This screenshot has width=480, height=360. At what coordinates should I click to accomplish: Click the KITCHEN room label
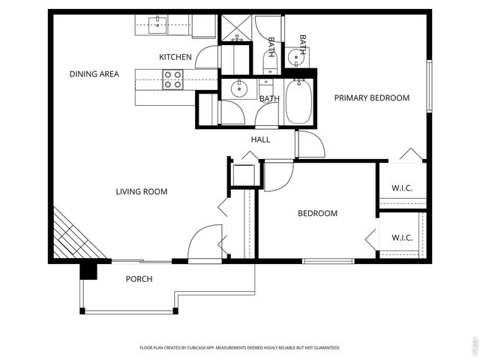(x=175, y=57)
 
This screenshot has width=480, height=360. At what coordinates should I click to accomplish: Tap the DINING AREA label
(x=94, y=74)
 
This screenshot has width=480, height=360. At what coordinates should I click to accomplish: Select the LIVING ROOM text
(x=141, y=192)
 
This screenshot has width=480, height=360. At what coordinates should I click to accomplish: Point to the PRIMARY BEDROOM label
(x=371, y=98)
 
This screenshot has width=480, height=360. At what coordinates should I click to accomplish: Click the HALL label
(x=260, y=140)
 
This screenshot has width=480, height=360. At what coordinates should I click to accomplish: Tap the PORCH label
(x=139, y=279)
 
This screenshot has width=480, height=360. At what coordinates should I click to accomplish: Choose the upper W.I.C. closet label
(x=402, y=188)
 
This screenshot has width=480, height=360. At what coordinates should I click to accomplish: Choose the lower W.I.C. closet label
(x=402, y=238)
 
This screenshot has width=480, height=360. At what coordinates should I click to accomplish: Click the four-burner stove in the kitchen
(x=173, y=79)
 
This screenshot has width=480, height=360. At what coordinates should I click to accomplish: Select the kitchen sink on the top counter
(x=158, y=25)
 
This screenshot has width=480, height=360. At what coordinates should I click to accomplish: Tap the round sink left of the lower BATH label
(x=238, y=89)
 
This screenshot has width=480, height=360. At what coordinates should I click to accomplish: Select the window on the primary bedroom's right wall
(x=430, y=85)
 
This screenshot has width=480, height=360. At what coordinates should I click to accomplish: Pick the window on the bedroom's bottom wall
(x=328, y=261)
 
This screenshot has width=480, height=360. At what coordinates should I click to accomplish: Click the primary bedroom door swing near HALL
(x=308, y=145)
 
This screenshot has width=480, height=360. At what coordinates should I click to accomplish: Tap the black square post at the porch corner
(x=89, y=270)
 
